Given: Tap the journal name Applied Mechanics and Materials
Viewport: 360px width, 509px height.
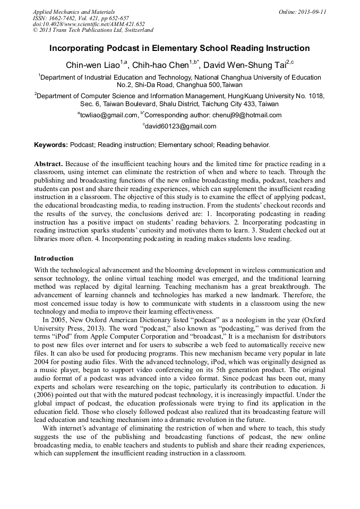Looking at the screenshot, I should point(74,12).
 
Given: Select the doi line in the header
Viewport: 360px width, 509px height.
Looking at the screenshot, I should point(89,24).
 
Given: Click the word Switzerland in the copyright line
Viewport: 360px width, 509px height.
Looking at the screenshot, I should point(135,30).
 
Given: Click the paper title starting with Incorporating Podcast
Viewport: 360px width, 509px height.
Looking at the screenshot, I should point(179,48).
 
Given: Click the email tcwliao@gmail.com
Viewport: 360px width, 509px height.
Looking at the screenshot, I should point(109,115).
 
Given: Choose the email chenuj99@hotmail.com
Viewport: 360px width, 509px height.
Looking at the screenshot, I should point(247,115).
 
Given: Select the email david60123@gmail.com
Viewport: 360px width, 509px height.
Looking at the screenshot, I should point(181,126).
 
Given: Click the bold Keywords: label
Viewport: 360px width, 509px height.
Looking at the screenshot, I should point(51,144).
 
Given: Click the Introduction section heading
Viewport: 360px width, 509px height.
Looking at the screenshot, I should point(54,258).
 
